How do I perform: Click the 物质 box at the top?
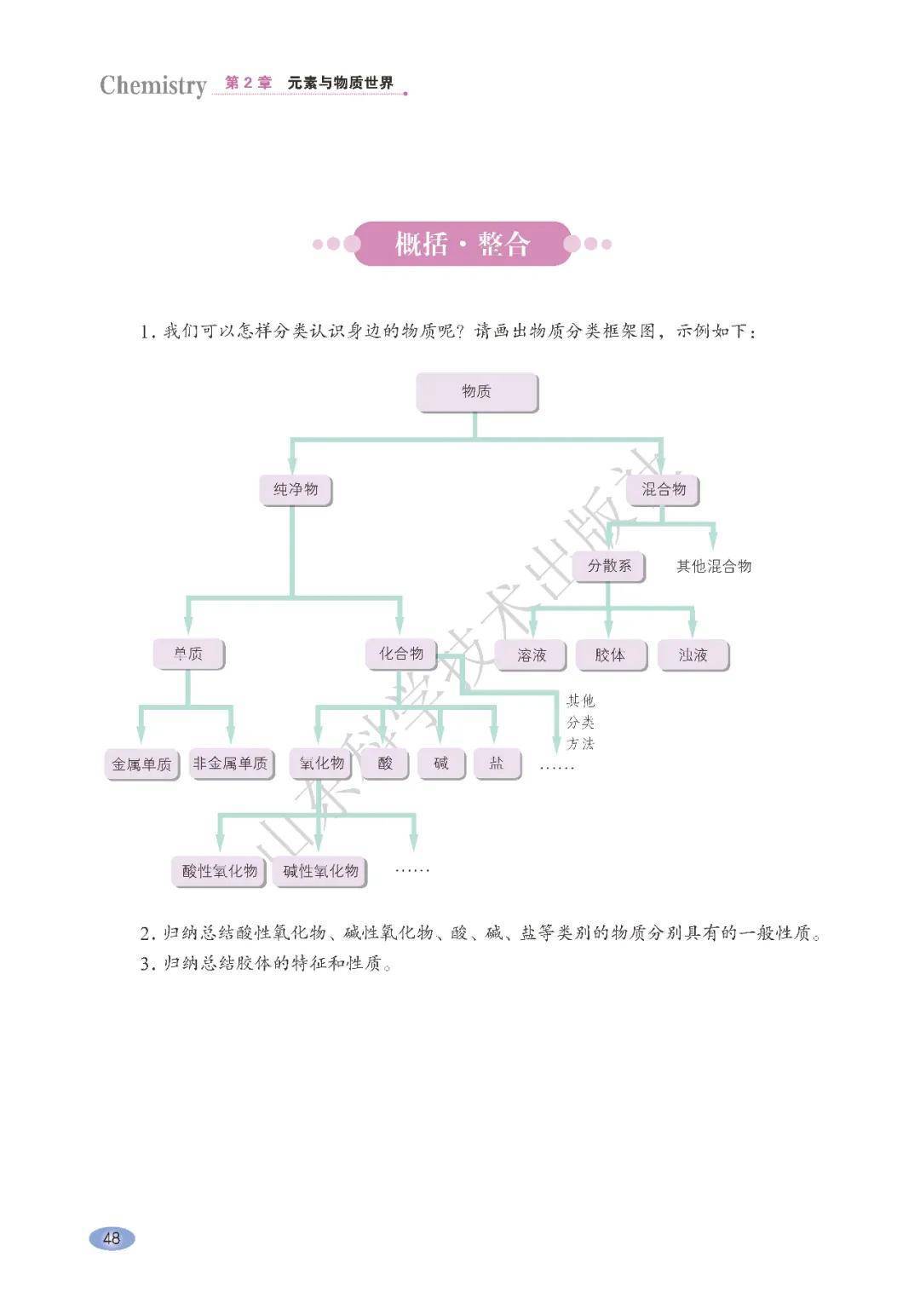pyautogui.click(x=476, y=392)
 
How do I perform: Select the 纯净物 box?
pyautogui.click(x=295, y=490)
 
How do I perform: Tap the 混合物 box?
pyautogui.click(x=663, y=489)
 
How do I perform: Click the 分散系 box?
pyautogui.click(x=609, y=566)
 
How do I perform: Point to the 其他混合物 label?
pyautogui.click(x=714, y=567)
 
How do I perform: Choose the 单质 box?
pyautogui.click(x=188, y=654)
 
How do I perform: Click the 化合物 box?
pyautogui.click(x=401, y=654)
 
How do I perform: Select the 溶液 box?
pyautogui.click(x=532, y=655)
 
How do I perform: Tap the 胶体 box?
pyautogui.click(x=609, y=655)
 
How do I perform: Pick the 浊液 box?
pyautogui.click(x=693, y=655)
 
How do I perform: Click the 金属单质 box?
pyautogui.click(x=141, y=764)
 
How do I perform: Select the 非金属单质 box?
pyautogui.click(x=230, y=764)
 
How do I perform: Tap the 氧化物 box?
pyautogui.click(x=321, y=764)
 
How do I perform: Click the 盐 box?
pyautogui.click(x=496, y=764)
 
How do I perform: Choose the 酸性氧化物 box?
pyautogui.click(x=220, y=871)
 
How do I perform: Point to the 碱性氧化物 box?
pyautogui.click(x=320, y=871)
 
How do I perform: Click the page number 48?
pyautogui.click(x=112, y=1238)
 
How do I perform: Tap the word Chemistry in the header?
pyautogui.click(x=153, y=85)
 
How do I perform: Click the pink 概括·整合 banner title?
pyautogui.click(x=462, y=245)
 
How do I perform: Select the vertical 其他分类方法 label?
pyautogui.click(x=581, y=723)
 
